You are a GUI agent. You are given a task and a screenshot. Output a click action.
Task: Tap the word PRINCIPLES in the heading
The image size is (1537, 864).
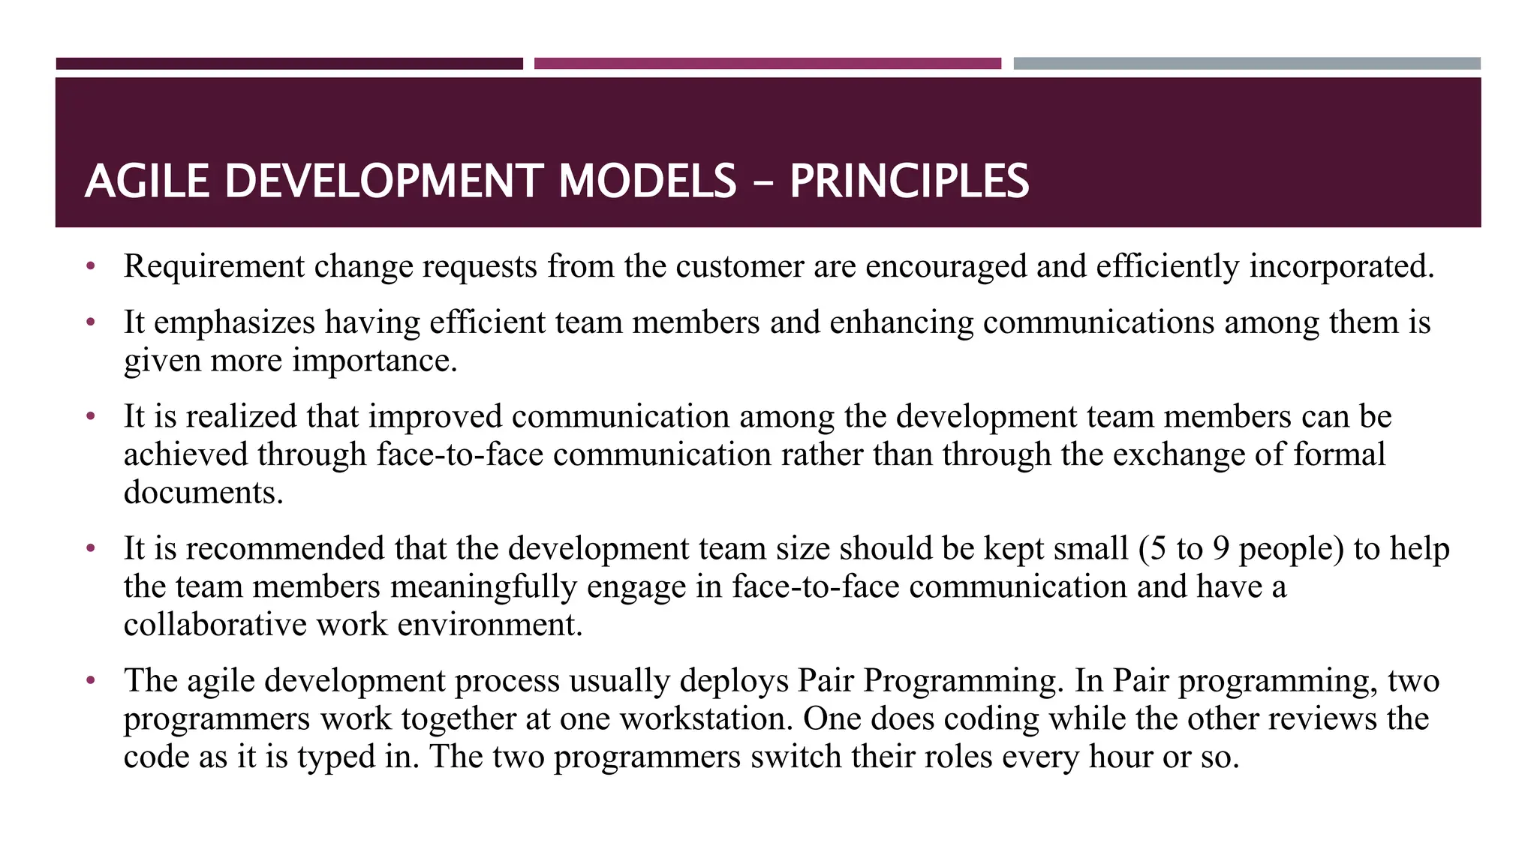tap(909, 181)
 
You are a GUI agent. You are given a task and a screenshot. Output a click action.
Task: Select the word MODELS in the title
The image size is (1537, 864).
tap(647, 181)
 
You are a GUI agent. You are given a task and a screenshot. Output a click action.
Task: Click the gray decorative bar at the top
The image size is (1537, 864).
tap(1247, 64)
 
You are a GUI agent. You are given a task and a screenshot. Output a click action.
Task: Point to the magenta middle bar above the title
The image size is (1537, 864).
tap(767, 64)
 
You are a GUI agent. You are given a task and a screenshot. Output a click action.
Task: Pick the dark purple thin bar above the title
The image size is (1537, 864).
tap(289, 64)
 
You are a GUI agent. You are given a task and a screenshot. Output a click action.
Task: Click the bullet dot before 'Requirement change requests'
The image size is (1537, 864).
tap(91, 266)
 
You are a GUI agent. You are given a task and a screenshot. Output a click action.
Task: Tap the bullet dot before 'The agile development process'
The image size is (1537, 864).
tap(91, 681)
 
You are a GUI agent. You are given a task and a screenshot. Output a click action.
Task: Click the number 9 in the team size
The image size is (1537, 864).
tap(1221, 549)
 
